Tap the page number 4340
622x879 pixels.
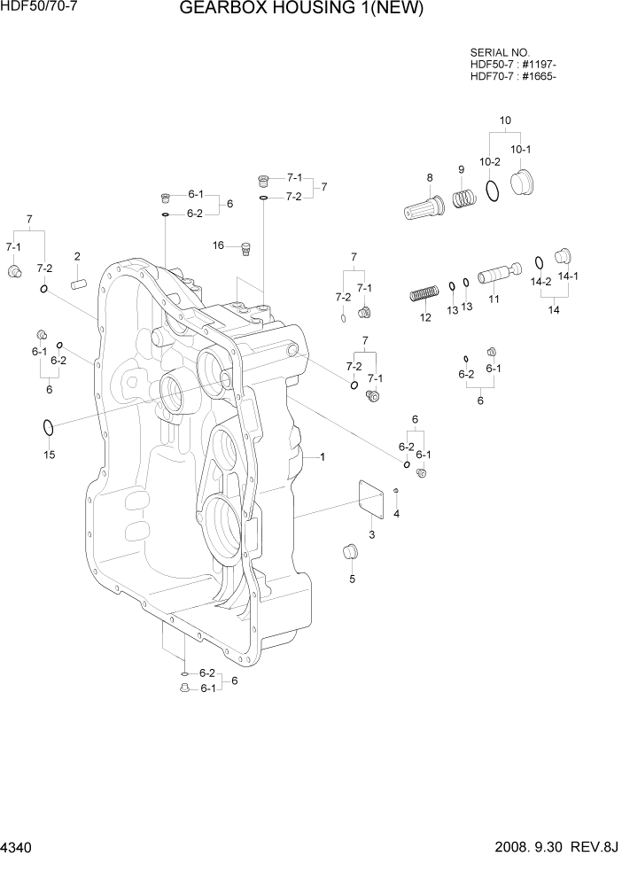click(x=18, y=848)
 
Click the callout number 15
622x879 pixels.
click(x=50, y=455)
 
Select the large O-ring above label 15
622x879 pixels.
click(x=49, y=429)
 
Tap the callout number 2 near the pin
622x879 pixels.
click(x=77, y=257)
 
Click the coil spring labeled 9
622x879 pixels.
click(x=465, y=197)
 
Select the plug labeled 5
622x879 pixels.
click(x=350, y=553)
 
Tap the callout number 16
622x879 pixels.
click(x=218, y=245)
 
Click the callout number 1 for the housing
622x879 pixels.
click(x=323, y=457)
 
